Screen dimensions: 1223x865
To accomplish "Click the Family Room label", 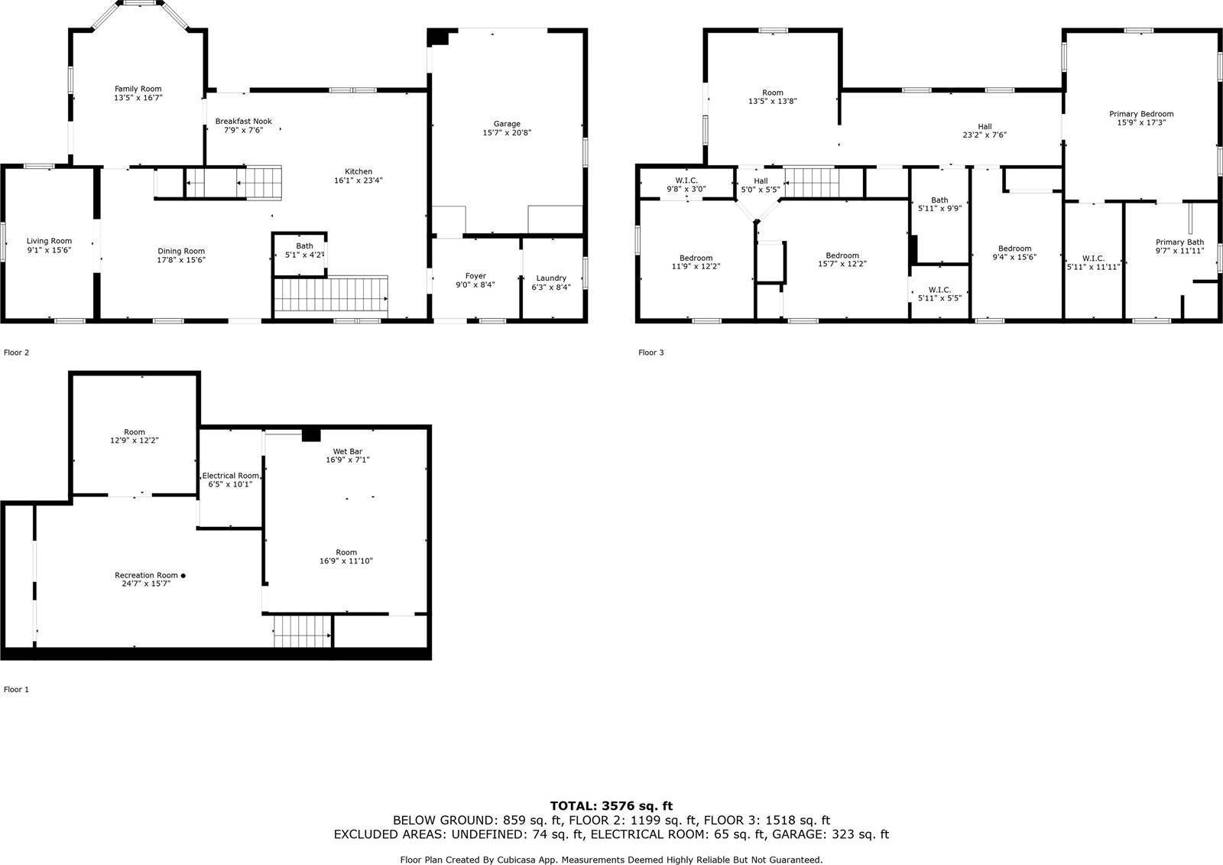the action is (138, 89).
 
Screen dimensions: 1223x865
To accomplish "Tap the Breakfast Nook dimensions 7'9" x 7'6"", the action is (244, 130).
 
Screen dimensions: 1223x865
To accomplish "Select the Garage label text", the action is (507, 124).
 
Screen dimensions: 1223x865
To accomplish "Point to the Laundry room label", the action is (551, 278).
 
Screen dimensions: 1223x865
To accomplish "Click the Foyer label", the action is (475, 276).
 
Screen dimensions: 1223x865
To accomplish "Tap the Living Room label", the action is (49, 241).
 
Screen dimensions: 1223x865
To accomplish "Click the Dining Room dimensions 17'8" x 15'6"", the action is (180, 260).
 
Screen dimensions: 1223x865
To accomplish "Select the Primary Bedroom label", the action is (1141, 114).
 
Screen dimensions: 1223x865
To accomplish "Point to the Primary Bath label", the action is (1179, 242).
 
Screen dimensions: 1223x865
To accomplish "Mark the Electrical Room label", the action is (230, 476).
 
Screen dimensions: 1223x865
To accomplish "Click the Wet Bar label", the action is (348, 451).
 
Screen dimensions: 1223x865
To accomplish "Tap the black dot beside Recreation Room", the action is (183, 575).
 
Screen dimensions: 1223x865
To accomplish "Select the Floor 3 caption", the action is (650, 353).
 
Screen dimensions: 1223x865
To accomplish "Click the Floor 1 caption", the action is (16, 689).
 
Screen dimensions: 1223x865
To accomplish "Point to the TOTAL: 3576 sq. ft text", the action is (611, 806).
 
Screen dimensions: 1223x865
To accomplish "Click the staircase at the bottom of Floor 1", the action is (303, 631).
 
